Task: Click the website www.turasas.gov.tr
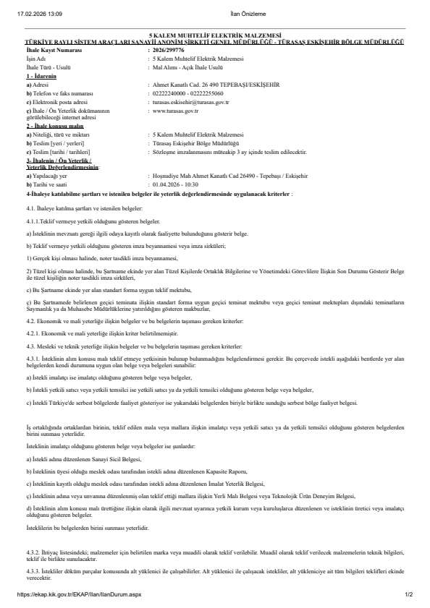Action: coord(176,110)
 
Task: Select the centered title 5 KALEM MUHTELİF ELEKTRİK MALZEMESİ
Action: coord(214,35)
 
